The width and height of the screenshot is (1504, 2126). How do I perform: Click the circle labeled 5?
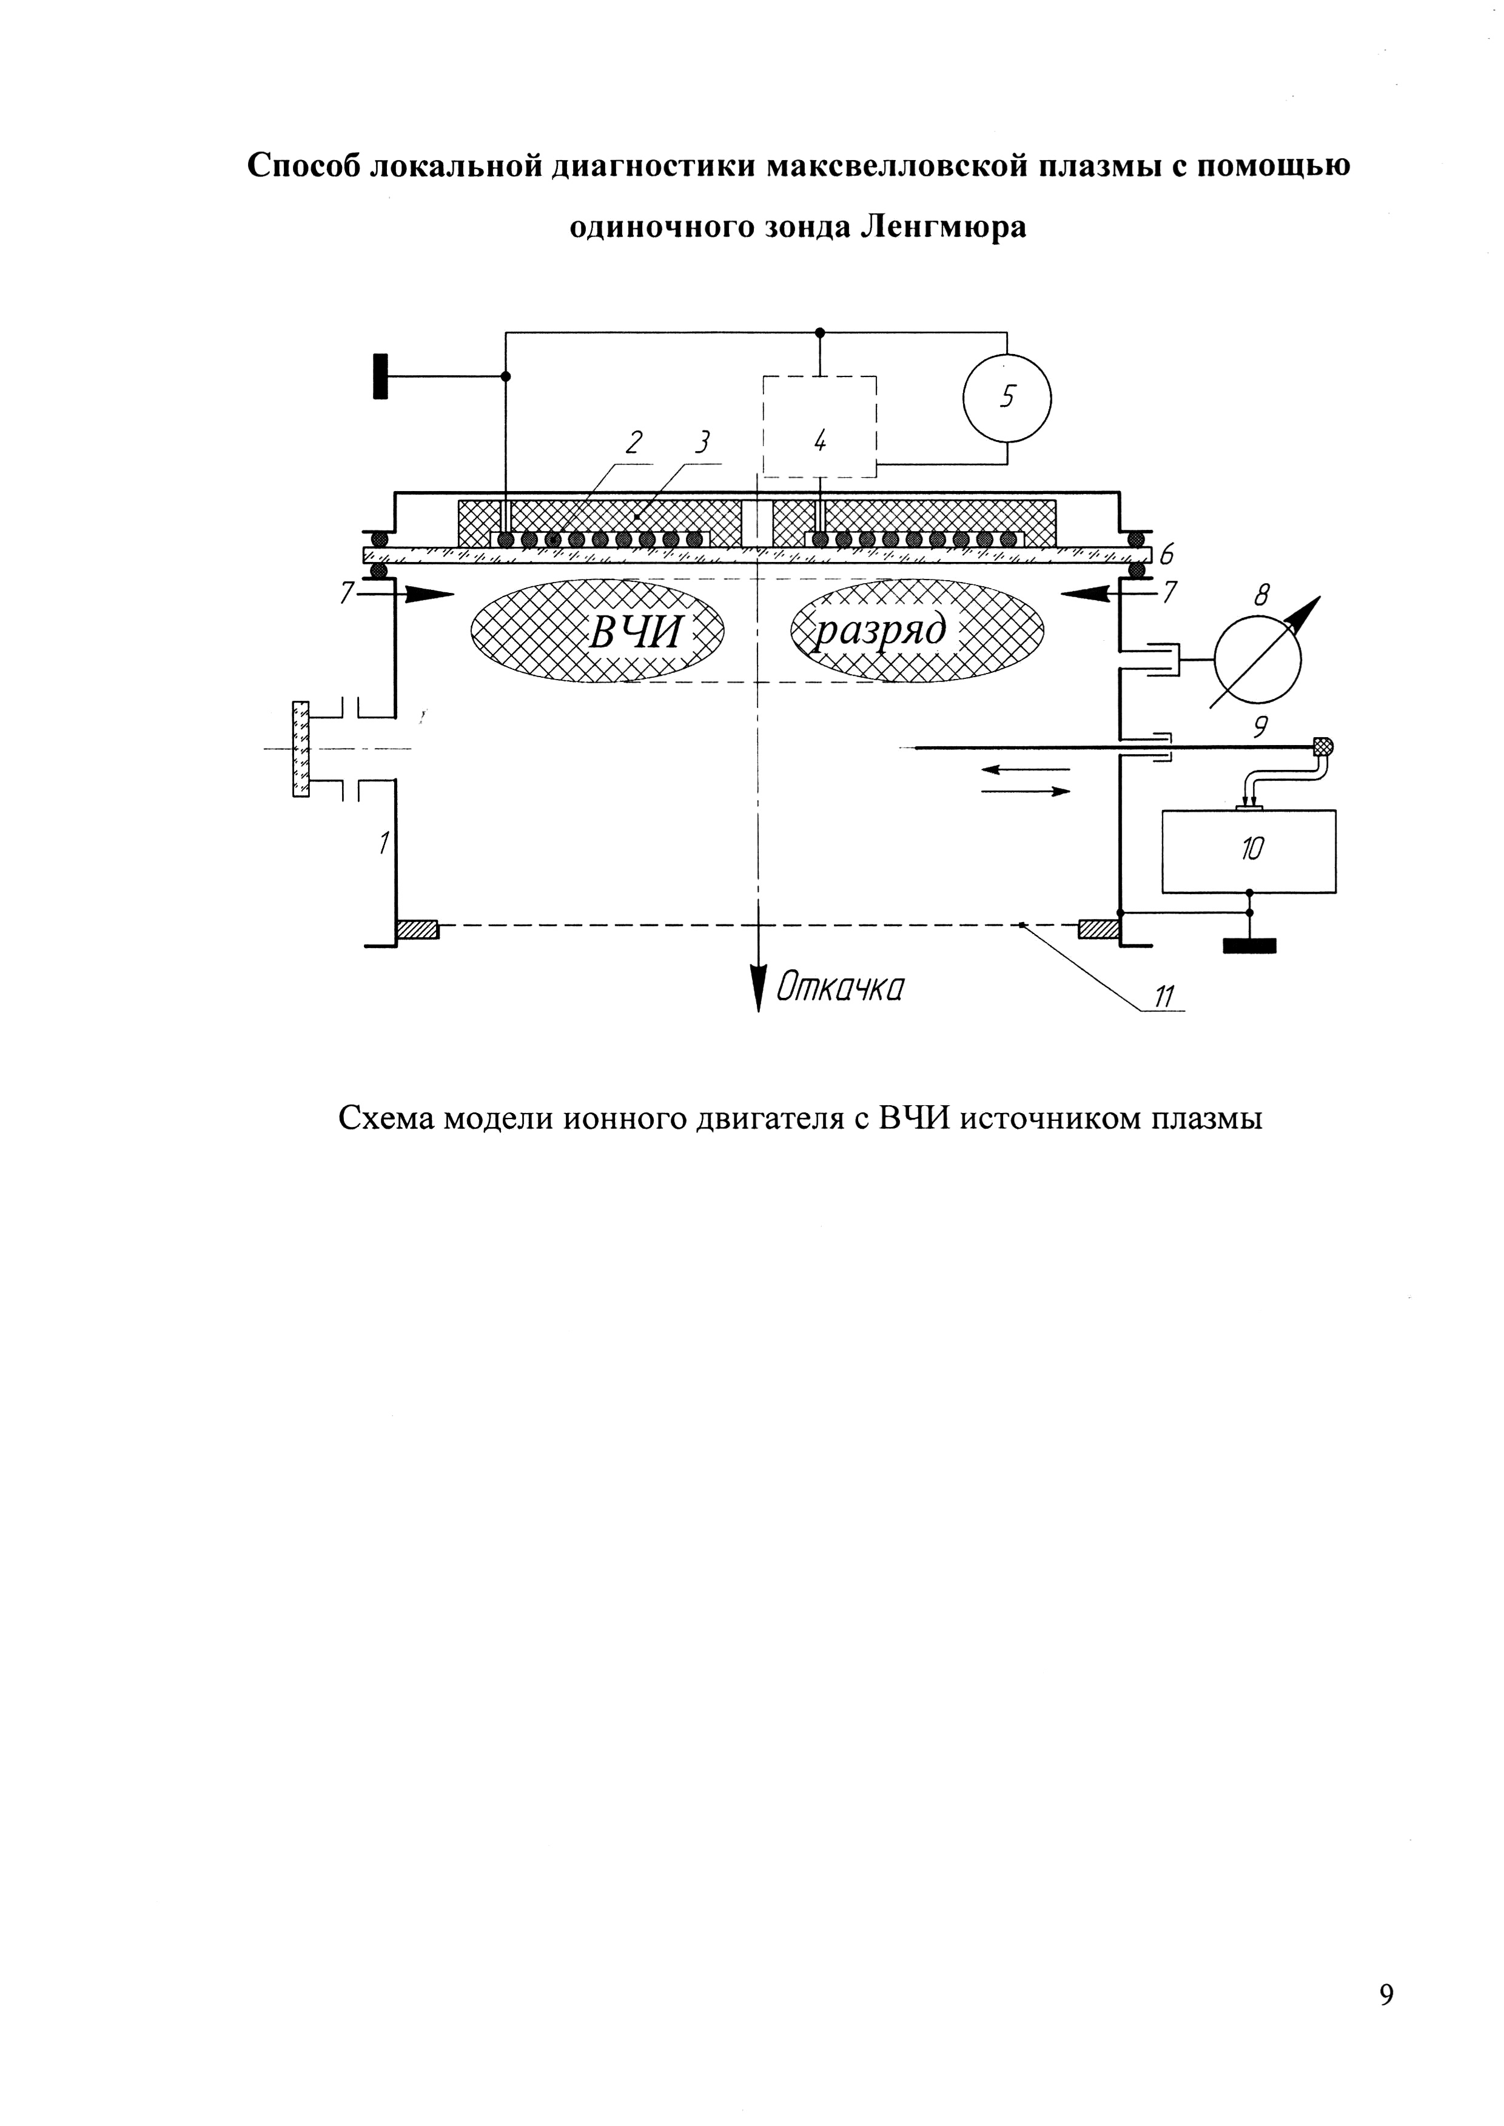(x=1007, y=398)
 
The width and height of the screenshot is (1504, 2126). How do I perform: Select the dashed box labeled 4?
(x=819, y=427)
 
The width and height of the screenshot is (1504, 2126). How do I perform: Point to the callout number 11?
(x=1163, y=997)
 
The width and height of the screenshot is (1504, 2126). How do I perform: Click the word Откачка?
(x=839, y=988)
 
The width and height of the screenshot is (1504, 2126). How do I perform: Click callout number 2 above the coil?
(x=634, y=444)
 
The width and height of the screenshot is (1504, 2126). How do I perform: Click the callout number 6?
(x=1166, y=555)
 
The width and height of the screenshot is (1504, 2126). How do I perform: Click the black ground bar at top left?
(x=380, y=376)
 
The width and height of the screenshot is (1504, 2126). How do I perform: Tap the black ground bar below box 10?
(x=1249, y=946)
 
